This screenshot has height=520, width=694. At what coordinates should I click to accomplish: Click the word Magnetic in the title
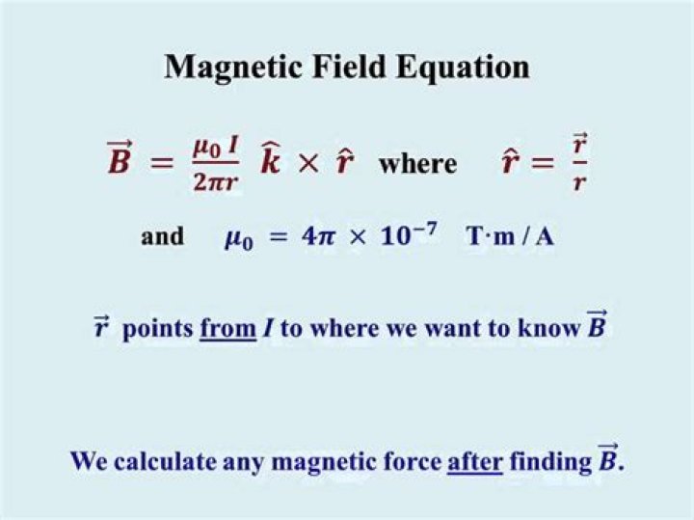[225, 68]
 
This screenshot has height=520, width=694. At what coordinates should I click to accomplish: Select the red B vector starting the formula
[119, 160]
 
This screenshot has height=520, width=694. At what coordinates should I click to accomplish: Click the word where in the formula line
[418, 163]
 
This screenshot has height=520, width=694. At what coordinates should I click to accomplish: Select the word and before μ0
[163, 236]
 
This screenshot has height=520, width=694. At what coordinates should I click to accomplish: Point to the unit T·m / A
[510, 237]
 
